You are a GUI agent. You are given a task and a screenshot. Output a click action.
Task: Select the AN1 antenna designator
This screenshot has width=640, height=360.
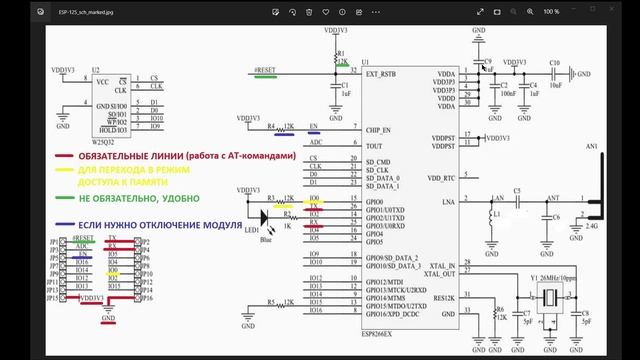tap(592, 147)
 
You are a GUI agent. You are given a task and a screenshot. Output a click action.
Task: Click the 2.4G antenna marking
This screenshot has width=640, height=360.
tap(593, 228)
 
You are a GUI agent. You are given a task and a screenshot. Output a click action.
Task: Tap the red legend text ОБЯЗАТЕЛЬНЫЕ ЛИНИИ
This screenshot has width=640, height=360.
tap(132, 156)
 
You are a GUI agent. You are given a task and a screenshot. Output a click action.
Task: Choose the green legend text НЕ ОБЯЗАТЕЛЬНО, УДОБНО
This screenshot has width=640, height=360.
tap(127, 198)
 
